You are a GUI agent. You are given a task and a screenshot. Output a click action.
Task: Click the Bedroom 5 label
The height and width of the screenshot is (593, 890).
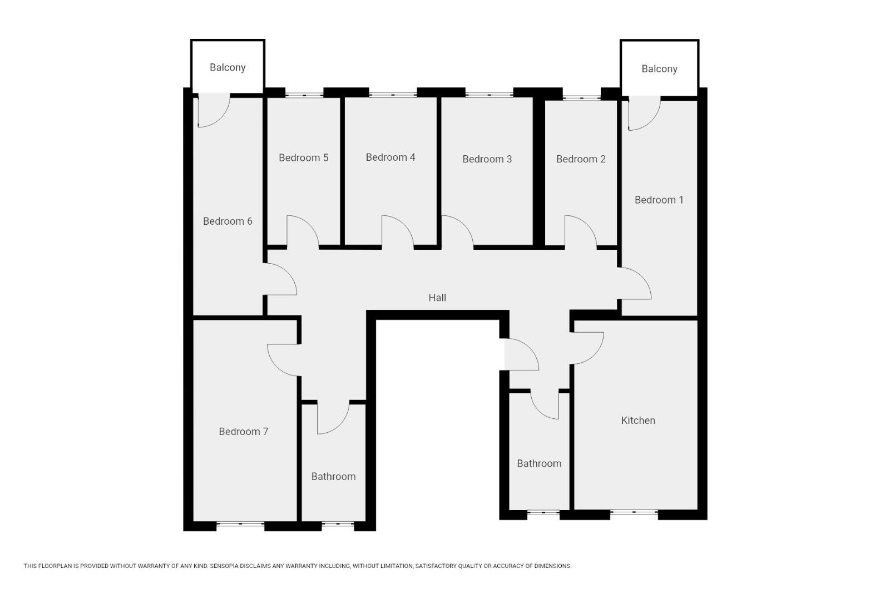pos(303,158)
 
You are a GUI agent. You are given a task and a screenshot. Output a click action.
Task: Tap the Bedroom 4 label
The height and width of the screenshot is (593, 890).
pos(390,157)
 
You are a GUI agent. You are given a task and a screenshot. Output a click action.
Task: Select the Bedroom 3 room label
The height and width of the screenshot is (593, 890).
pos(487,159)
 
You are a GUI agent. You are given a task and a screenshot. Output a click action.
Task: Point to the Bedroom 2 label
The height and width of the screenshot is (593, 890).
pos(580,159)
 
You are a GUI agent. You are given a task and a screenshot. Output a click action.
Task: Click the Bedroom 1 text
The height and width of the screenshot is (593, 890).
pos(659,200)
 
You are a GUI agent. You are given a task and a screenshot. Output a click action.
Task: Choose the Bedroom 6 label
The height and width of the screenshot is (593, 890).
pos(228,221)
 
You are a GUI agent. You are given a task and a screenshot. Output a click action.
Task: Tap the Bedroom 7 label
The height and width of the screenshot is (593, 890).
pos(243,432)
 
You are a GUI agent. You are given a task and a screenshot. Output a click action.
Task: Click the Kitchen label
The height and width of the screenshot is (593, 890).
pos(637,421)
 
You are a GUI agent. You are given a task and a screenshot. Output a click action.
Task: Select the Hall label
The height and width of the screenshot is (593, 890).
pos(437,298)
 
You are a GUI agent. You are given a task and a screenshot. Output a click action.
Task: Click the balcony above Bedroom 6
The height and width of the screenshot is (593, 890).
pos(228,67)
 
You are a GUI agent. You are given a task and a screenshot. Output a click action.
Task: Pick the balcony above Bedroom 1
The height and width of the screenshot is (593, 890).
pos(659,69)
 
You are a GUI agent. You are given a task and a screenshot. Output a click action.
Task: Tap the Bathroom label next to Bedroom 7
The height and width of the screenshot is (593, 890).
pos(333,477)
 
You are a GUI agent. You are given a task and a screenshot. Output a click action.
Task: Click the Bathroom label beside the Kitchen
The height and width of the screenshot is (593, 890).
pos(538,463)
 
